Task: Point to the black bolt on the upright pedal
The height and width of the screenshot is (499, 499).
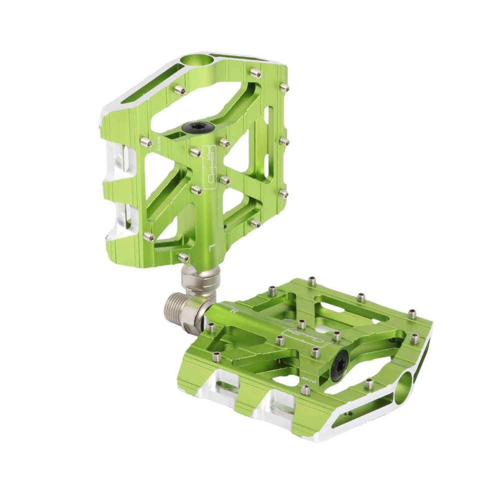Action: point(191,128)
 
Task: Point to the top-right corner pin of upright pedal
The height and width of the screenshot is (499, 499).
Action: point(284,88)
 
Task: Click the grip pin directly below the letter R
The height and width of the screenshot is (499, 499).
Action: point(211,328)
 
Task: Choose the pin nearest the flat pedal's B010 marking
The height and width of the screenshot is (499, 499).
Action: point(305,390)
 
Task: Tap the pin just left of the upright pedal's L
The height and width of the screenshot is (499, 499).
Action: point(184,257)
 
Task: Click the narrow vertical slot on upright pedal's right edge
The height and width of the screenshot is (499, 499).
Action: point(270,142)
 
